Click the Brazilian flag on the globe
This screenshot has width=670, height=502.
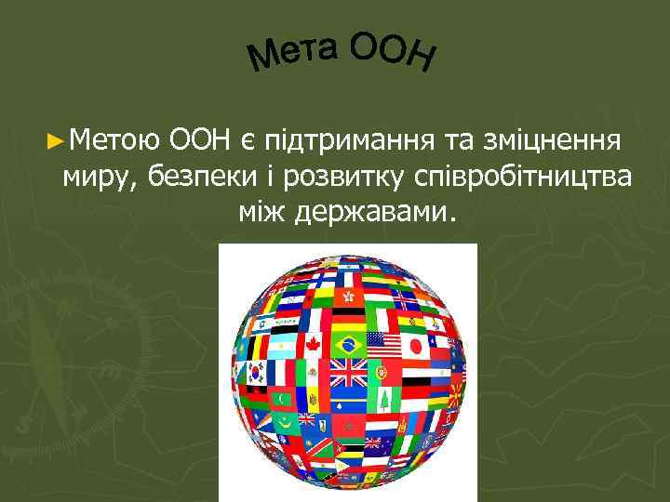tap(349, 345)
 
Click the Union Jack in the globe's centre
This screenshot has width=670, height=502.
tap(349, 374)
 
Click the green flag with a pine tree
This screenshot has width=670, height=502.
tap(384, 400)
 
